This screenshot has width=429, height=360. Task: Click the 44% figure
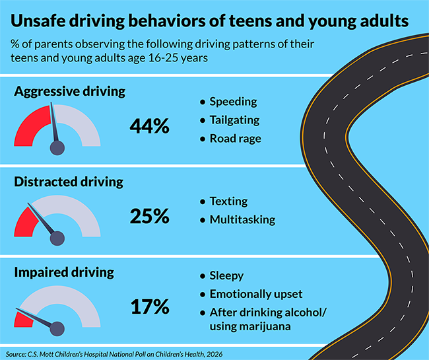[148, 126]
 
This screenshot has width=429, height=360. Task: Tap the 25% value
[148, 216]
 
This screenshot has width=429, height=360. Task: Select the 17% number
[148, 306]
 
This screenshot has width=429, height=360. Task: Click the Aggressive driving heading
[69, 92]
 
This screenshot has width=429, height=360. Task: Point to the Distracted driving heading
[69, 182]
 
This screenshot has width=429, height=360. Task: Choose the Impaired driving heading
[64, 272]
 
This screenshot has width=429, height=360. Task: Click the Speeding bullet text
[233, 102]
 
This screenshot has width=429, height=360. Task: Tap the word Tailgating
[234, 120]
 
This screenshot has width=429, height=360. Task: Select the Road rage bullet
[235, 139]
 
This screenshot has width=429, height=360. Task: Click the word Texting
[228, 201]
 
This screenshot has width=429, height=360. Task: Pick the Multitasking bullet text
[242, 219]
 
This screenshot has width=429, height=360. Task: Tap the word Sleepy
[226, 276]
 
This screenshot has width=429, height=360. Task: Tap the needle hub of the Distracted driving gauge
[58, 237]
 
